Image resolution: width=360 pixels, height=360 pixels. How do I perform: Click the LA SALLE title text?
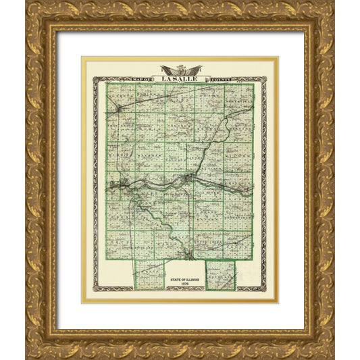click(180, 79)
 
